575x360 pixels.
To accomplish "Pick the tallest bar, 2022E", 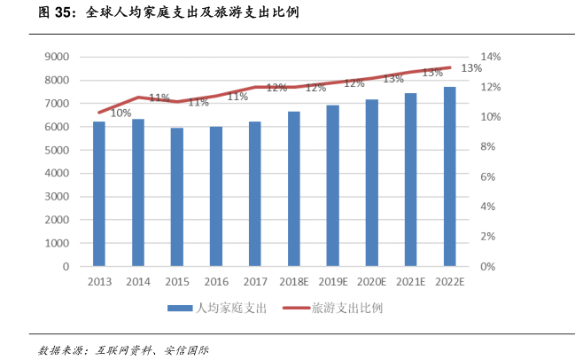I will tap(449, 176).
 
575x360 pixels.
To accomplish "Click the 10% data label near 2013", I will tap(120, 113).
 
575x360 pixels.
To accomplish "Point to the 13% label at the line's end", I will tap(471, 68).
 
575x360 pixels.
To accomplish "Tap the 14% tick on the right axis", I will tap(492, 57).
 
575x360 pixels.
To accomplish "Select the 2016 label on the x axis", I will tap(215, 281).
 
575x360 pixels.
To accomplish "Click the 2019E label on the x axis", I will tap(332, 281).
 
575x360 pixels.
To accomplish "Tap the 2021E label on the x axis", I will tap(410, 281).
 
